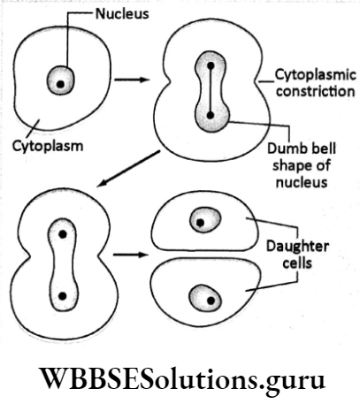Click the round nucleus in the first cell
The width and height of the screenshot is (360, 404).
(x=60, y=81)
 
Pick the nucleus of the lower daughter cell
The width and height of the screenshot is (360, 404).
(x=210, y=300)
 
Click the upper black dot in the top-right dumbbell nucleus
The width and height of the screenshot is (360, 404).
(x=210, y=66)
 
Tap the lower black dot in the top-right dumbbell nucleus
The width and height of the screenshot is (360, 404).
(x=210, y=115)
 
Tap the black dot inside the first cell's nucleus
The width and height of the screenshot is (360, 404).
(x=60, y=84)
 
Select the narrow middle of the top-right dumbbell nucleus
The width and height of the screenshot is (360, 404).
(x=210, y=90)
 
